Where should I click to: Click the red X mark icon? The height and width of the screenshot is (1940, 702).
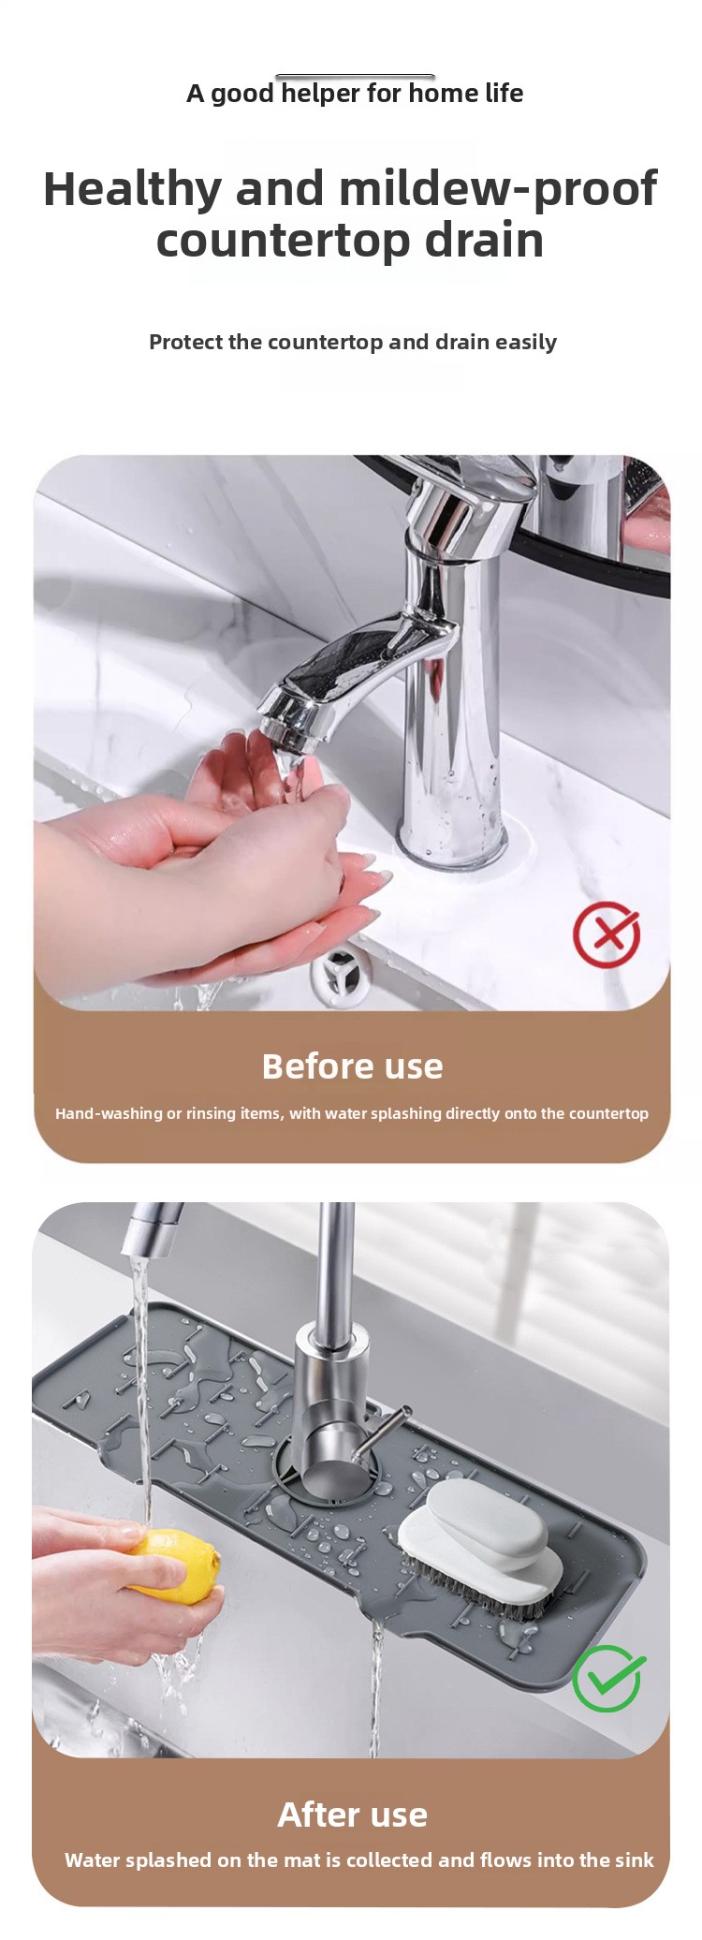point(607,934)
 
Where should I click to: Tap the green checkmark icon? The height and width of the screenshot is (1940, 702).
point(608,1678)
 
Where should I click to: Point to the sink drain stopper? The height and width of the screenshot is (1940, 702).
point(340,974)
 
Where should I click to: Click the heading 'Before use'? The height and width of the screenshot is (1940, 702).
point(352,1066)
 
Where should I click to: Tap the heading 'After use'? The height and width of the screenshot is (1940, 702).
point(352,1815)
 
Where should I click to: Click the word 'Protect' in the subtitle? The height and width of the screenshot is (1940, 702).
point(185,342)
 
